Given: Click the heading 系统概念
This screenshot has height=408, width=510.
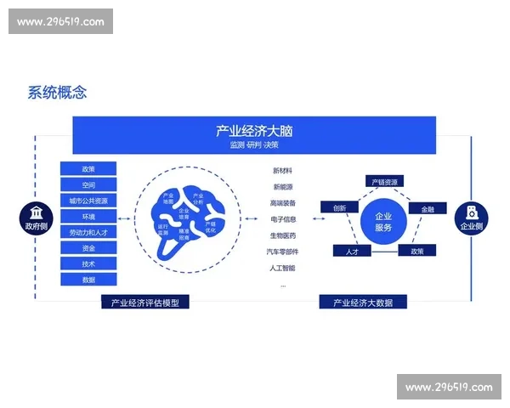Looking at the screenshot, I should [x=57, y=93].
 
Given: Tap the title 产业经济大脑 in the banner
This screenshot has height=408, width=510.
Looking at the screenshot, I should [x=254, y=131].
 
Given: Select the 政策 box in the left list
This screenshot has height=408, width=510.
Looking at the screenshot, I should [x=88, y=169].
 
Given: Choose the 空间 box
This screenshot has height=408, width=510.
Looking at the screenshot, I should [x=88, y=184].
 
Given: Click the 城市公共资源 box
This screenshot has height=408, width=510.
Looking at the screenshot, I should [x=88, y=201].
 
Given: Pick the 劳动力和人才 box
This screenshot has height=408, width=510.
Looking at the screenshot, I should [x=88, y=232].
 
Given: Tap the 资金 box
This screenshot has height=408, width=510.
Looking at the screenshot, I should [x=88, y=248].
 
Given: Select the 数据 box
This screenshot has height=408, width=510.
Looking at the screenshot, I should [x=88, y=280].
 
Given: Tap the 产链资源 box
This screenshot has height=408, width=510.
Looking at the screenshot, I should [x=383, y=181].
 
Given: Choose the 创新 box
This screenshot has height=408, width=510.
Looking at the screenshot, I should [x=339, y=207].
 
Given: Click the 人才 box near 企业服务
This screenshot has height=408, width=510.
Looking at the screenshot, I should [x=352, y=252].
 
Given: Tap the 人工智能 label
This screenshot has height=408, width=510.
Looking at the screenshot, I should [x=283, y=268].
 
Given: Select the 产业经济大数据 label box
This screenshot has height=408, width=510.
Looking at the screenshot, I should [x=363, y=302].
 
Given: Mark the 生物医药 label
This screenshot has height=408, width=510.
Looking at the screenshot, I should [x=283, y=235].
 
